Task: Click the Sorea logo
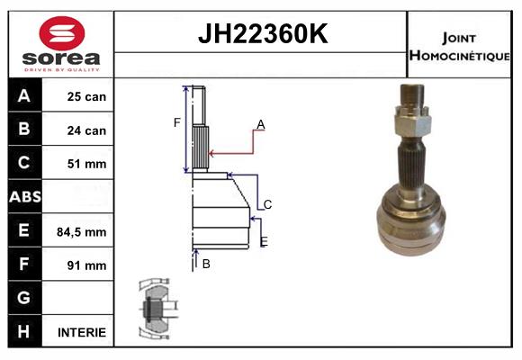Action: [61, 42]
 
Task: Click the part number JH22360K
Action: [262, 35]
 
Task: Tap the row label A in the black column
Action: [24, 95]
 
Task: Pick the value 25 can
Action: [87, 96]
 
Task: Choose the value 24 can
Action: [87, 130]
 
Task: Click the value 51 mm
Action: [87, 164]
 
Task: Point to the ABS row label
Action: [24, 197]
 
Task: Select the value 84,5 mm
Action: [82, 231]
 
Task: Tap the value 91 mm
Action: [87, 265]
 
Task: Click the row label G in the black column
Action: [24, 298]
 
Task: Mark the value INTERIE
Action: [82, 332]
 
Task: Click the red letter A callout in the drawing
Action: [260, 124]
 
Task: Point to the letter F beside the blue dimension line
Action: [177, 122]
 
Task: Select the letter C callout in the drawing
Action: [267, 205]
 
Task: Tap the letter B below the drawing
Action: [206, 264]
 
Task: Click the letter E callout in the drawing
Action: [263, 242]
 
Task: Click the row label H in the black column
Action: [24, 331]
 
